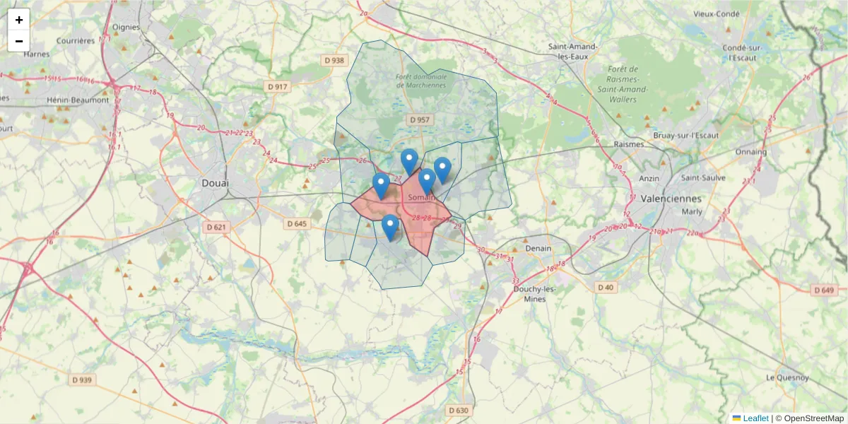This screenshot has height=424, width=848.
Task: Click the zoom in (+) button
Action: (19, 20)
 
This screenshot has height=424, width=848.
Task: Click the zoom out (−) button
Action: (19, 41)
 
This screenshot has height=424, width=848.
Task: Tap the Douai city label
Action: (216, 183)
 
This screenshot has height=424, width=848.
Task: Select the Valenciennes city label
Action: (671, 199)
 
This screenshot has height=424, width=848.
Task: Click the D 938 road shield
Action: (335, 61)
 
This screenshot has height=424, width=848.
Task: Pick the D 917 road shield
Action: (278, 86)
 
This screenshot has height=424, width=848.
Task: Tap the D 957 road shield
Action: (419, 120)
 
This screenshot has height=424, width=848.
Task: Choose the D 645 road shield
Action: (298, 223)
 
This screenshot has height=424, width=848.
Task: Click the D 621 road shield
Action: (216, 227)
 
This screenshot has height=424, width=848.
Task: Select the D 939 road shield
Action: (82, 379)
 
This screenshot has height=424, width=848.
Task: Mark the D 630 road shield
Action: (458, 410)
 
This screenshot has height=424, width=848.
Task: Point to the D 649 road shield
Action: (823, 290)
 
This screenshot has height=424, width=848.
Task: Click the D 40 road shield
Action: (606, 287)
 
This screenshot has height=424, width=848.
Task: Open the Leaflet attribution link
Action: (755, 418)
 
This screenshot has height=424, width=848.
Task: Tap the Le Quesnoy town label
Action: (788, 377)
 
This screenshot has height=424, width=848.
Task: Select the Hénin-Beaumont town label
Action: (78, 100)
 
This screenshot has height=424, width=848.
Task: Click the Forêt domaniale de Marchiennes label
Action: (422, 81)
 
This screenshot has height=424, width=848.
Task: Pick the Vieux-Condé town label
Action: (717, 13)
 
